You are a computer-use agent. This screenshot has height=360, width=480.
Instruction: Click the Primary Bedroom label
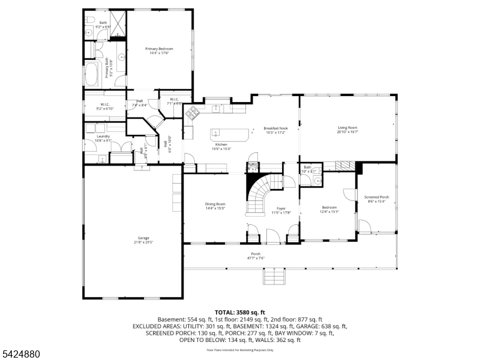click(159, 49)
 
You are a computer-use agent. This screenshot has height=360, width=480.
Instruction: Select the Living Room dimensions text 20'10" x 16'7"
click(347, 131)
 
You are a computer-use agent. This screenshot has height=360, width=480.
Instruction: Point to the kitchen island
click(230, 133)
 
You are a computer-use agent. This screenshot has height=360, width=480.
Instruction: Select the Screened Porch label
click(377, 197)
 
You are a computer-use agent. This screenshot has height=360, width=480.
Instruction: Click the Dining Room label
click(215, 205)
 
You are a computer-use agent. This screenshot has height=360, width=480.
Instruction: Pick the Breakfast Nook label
click(276, 128)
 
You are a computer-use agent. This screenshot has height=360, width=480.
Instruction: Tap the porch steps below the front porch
click(273, 277)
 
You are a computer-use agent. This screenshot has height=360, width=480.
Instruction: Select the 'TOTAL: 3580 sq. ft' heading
click(239, 312)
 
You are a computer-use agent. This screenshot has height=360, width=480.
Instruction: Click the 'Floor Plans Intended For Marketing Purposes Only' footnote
click(239, 350)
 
